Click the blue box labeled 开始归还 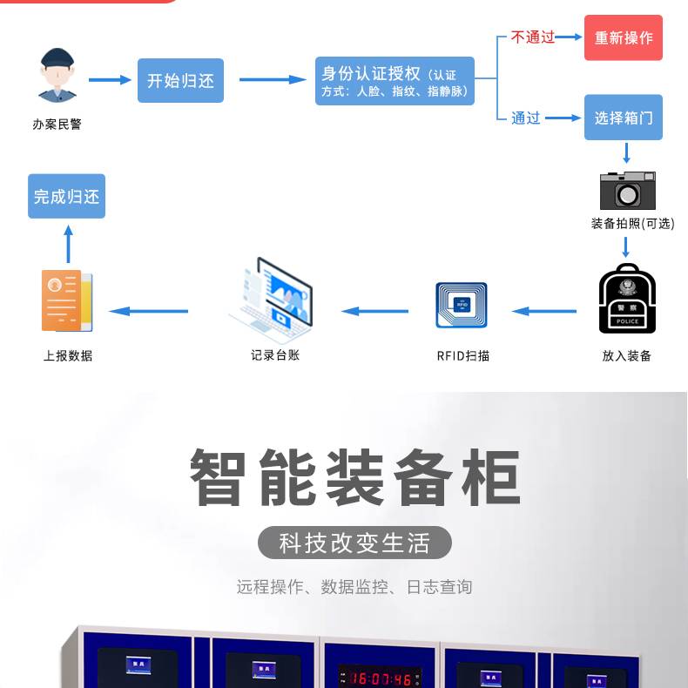point(180,81)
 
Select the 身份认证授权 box point(395,81)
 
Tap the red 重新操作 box point(623,37)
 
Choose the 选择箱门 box point(623,118)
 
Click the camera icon point(627,188)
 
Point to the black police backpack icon point(627,299)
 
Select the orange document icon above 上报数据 point(66,300)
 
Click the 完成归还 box point(66,197)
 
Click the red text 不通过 point(532,37)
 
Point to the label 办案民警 point(57,125)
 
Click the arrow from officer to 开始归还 point(110,80)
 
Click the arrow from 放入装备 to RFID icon point(544,311)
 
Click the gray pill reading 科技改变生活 point(354,543)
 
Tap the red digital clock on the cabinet point(380,678)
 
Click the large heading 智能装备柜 point(354,477)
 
